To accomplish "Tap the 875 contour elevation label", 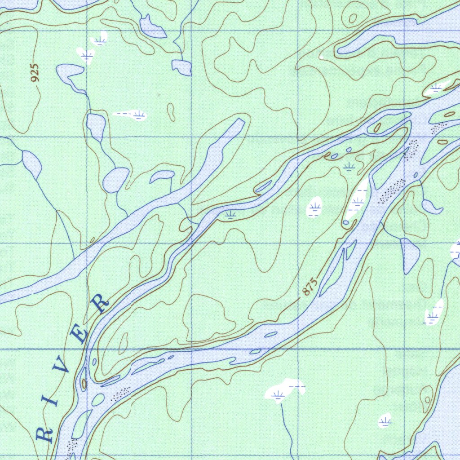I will (310, 286).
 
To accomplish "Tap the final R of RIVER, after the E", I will (101, 303).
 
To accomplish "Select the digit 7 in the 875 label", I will (310, 286).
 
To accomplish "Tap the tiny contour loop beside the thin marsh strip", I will (171, 111).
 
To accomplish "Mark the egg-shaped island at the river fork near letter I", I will (98, 399).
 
